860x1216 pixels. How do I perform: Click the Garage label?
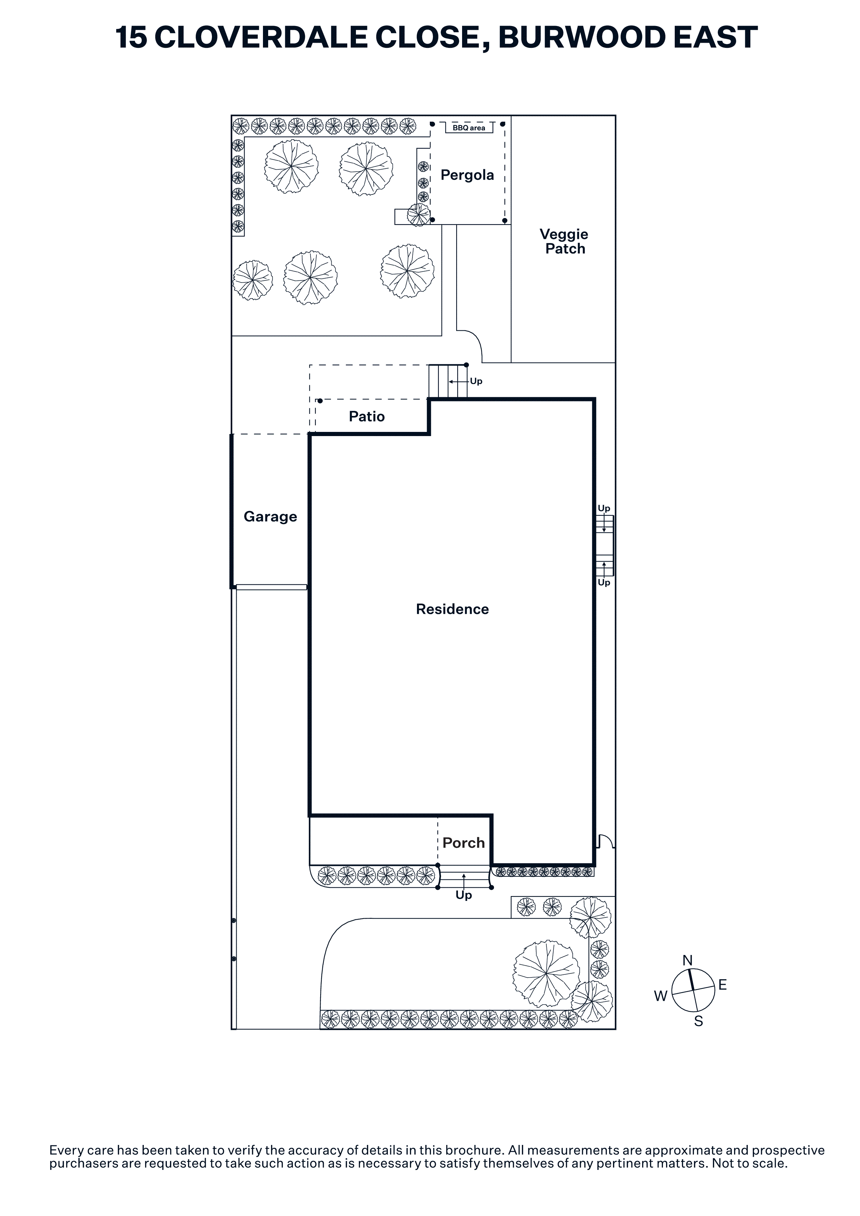(x=270, y=517)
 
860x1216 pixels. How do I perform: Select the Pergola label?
(x=467, y=175)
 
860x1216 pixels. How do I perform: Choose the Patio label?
(x=367, y=416)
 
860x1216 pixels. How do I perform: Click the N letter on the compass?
(x=687, y=960)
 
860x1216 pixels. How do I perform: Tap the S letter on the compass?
(x=698, y=1021)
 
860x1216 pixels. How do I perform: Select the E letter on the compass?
(x=722, y=985)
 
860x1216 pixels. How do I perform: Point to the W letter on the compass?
(x=660, y=996)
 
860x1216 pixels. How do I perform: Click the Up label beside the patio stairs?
(x=476, y=381)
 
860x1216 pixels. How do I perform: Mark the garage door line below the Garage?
(x=271, y=587)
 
